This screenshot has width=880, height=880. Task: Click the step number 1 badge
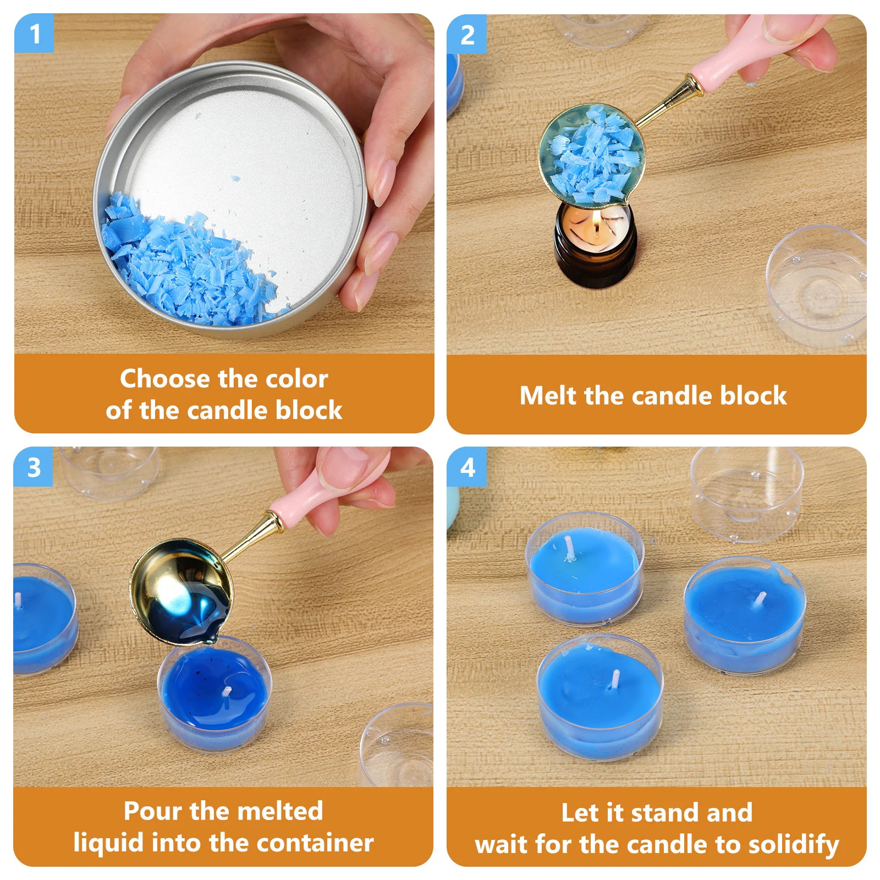pos(34,34)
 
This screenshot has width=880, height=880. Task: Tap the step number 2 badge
pos(467,35)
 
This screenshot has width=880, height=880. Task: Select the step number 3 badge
pos(34,468)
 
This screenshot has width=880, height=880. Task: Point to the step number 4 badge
pos(467,468)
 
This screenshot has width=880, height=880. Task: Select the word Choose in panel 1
pos(165,379)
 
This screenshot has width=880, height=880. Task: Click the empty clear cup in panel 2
pos(817,286)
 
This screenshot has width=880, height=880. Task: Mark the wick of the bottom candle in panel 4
pos(615,679)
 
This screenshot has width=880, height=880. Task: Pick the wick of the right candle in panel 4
pos(762,599)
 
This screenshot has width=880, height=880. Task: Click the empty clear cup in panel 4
pos(745,495)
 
